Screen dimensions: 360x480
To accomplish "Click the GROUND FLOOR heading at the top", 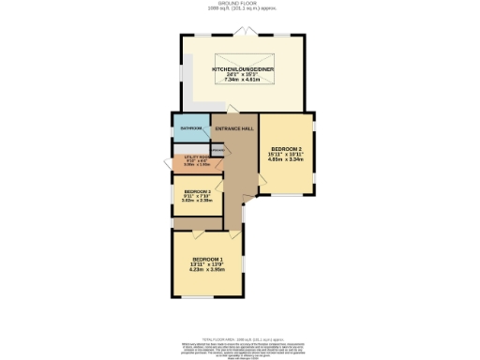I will point(240,4).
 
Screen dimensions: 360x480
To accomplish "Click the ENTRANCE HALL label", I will point(235,128).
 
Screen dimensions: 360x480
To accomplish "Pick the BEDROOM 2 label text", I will point(286,149).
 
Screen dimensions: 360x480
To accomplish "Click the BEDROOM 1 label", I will point(207,259).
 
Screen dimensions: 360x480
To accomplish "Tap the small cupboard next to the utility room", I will point(217,149).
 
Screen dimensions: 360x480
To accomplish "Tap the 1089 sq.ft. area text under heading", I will point(240,9).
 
